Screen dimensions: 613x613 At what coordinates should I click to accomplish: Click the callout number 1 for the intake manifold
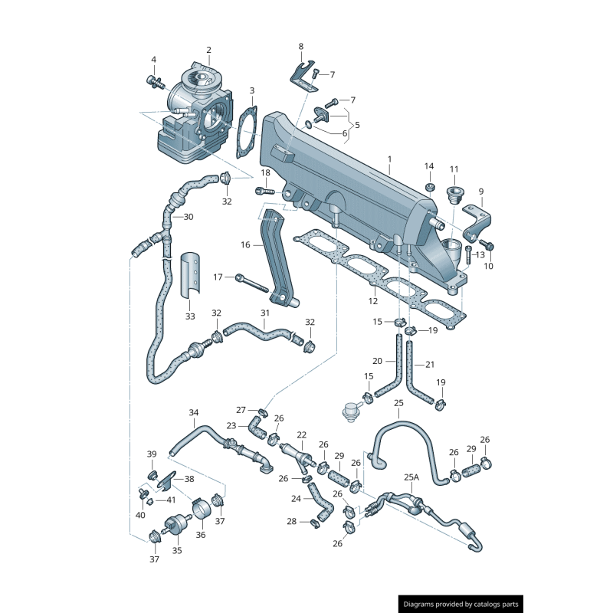click(x=389, y=159)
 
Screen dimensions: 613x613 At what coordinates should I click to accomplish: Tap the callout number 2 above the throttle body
click(x=208, y=51)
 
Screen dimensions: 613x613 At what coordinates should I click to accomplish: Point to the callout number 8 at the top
click(x=300, y=47)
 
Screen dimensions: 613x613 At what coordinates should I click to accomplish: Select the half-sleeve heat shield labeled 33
click(x=191, y=271)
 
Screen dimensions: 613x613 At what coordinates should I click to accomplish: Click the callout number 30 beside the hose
click(x=188, y=217)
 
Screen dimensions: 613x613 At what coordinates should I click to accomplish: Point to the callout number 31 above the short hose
click(x=265, y=313)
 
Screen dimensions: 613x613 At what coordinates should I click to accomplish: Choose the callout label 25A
click(x=411, y=477)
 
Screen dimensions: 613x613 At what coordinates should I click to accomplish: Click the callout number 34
click(x=194, y=413)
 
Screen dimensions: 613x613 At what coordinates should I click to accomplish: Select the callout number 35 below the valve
click(x=177, y=549)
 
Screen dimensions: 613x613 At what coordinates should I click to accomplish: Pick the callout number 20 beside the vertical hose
click(x=377, y=361)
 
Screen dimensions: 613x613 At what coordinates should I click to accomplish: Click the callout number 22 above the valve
click(x=301, y=434)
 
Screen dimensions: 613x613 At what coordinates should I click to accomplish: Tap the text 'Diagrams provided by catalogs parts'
click(x=461, y=605)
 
